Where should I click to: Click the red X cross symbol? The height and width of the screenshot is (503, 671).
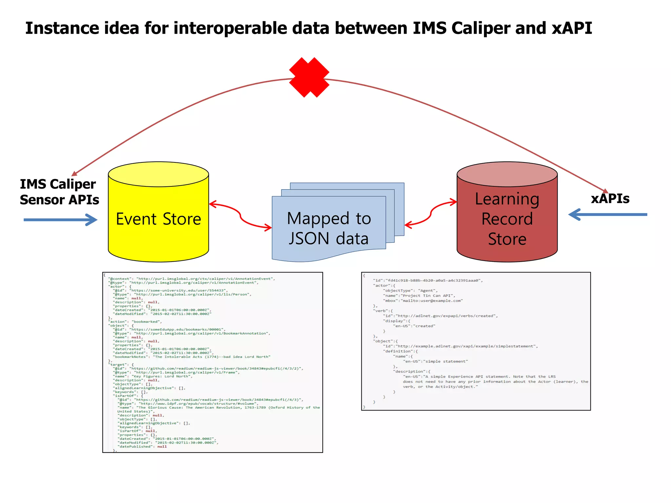click(309, 77)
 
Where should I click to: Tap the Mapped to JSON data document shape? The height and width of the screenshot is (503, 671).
click(329, 228)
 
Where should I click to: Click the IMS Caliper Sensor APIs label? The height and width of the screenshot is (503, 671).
click(59, 192)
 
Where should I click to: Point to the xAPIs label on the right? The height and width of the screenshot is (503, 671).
click(610, 199)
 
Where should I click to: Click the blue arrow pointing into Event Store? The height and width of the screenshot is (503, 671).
click(60, 220)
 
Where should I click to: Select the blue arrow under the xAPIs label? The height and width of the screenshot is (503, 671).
click(608, 214)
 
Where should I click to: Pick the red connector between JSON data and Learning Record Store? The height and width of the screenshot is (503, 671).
click(431, 213)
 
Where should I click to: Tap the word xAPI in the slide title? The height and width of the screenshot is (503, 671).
click(572, 28)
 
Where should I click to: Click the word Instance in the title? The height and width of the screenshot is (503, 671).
click(62, 28)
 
